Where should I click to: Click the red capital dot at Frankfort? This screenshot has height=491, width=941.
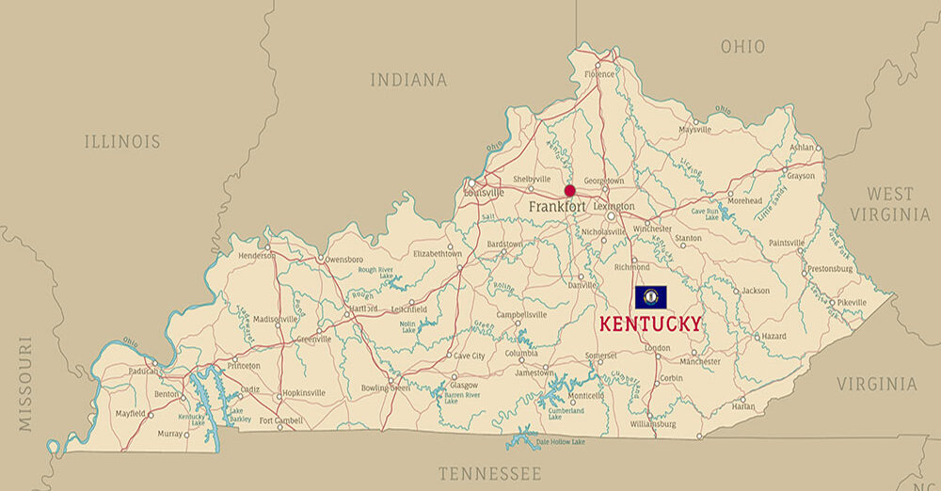click(569, 190)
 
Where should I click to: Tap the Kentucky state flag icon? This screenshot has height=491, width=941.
click(650, 297)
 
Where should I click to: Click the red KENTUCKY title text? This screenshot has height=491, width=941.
click(650, 324)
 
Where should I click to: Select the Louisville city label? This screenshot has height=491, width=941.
click(485, 193)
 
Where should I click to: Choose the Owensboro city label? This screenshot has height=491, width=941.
click(343, 259)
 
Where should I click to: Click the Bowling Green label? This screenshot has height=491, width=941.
click(387, 388)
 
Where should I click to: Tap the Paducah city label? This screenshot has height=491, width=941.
click(143, 371)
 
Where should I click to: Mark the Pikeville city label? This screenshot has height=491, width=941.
click(852, 302)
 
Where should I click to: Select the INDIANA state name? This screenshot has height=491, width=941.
click(408, 80)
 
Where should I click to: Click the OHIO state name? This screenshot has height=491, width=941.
click(742, 46)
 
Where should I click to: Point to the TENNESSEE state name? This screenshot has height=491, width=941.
click(489, 472)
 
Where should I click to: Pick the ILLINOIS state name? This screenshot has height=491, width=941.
click(122, 142)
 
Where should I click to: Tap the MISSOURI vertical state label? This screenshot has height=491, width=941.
click(25, 383)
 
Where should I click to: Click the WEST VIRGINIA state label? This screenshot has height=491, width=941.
click(890, 204)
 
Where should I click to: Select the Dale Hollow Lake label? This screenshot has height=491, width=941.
click(561, 442)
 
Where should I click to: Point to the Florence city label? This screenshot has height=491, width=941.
click(598, 74)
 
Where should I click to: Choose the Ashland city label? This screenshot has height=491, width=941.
click(802, 148)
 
